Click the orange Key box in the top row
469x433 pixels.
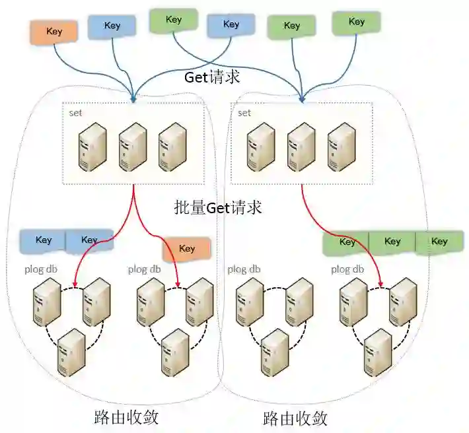coord(54,30)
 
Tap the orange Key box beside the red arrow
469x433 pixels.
coord(186,249)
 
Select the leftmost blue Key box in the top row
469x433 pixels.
coord(112,26)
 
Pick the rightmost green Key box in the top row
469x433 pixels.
coord(357,22)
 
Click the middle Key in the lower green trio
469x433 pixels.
coord(392,242)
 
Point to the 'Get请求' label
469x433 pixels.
coord(211,77)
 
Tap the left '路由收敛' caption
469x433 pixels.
coord(126,417)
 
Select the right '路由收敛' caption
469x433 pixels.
coord(295,418)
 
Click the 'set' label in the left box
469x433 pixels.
coord(75,113)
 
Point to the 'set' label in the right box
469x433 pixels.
coord(244,113)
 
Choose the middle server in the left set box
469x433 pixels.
coord(132,147)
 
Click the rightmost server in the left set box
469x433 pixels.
coord(172,147)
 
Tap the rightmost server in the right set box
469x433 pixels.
coord(342,147)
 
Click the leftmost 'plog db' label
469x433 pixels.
coord(37,269)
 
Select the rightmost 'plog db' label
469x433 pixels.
coord(347,269)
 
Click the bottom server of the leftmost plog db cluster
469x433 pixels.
coord(71,352)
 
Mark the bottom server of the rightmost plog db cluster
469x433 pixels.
coord(379,352)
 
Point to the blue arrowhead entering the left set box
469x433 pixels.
coord(134,100)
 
